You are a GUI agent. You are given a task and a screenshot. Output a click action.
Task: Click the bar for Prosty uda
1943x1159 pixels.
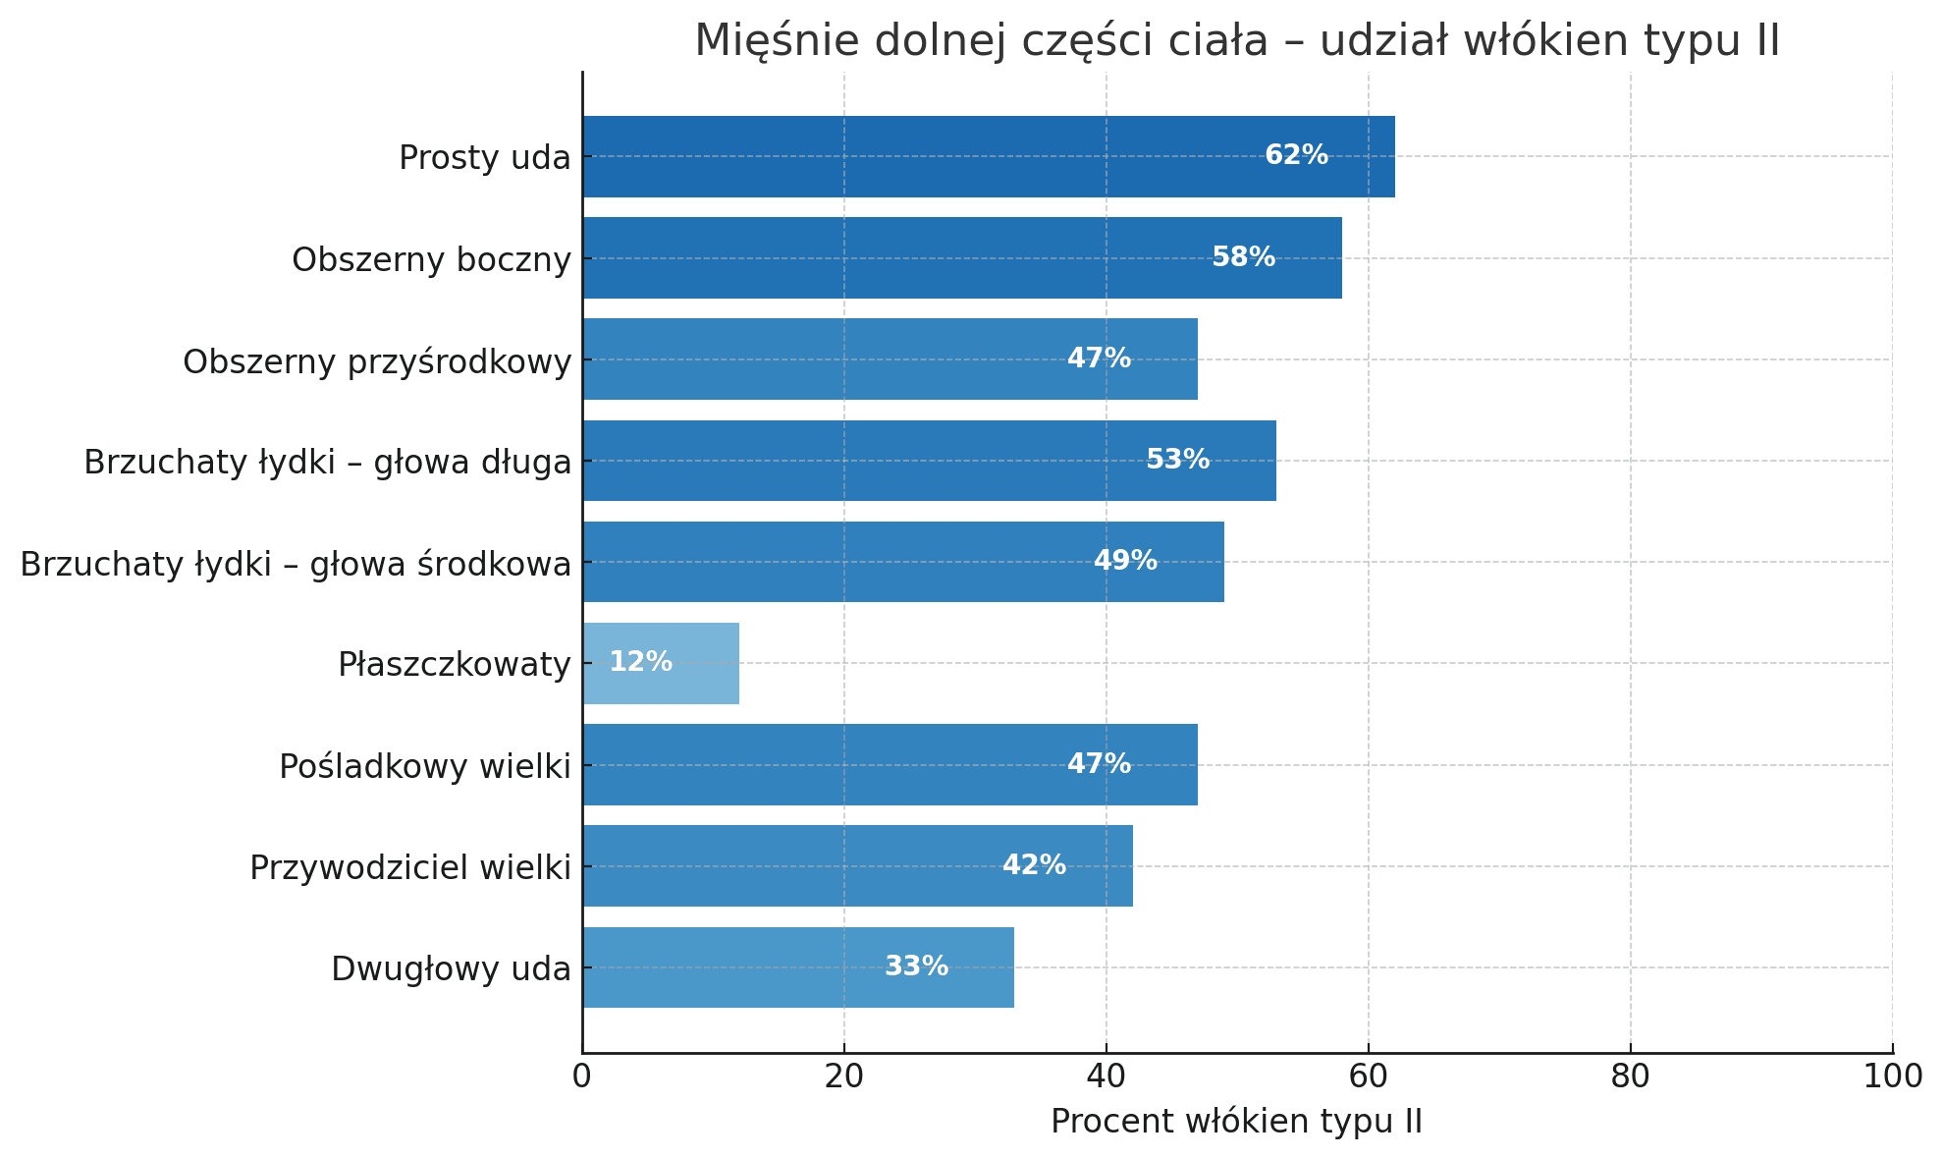[988, 157]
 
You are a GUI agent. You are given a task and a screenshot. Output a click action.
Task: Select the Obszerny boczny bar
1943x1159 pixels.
[962, 258]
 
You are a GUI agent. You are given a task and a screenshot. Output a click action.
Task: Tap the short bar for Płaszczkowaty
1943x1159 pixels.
[661, 663]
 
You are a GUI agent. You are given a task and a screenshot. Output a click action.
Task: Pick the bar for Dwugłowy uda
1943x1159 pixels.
[798, 967]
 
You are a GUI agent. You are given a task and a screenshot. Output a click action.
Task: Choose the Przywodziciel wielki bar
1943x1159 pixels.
[857, 865]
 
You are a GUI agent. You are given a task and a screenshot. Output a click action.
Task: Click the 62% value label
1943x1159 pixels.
[1296, 155]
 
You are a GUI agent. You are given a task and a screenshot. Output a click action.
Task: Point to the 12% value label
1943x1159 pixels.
[640, 662]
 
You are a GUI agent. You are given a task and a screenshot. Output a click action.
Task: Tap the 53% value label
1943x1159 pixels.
[1177, 460]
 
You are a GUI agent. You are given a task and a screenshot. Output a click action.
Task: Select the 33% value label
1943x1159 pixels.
[916, 966]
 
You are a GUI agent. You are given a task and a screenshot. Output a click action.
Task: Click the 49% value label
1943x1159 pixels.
[1125, 561]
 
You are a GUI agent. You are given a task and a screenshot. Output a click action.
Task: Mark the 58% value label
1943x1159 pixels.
[1243, 257]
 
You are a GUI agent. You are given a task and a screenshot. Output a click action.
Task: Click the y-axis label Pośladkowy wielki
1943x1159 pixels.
[424, 766]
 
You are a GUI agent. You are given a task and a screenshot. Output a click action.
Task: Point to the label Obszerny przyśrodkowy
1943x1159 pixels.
[377, 361]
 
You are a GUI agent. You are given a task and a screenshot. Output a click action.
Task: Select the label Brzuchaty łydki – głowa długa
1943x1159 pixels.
[327, 462]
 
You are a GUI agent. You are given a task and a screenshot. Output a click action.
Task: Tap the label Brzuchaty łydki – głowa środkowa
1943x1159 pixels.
[296, 565]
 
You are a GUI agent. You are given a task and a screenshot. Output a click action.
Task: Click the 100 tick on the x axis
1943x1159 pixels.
[1892, 1077]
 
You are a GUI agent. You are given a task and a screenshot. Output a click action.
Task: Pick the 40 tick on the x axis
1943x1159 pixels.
[1106, 1077]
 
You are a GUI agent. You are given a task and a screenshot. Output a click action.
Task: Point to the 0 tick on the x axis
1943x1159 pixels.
[582, 1077]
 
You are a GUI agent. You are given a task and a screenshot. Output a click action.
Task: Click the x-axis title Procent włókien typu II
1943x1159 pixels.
[1236, 1122]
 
